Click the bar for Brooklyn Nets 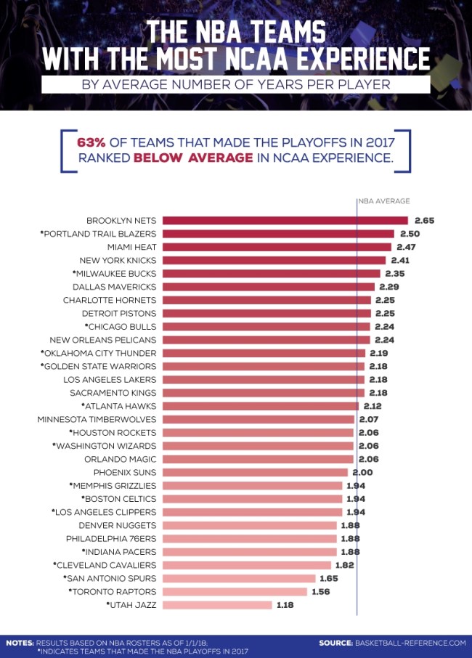(285, 221)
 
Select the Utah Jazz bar (217, 604)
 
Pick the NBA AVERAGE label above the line (383, 201)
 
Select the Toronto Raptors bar (237, 591)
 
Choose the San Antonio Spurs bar (239, 578)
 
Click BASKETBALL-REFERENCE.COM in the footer (410, 643)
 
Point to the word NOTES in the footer (20, 643)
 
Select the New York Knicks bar (274, 260)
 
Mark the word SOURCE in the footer (335, 643)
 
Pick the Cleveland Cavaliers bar (247, 565)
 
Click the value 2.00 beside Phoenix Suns (363, 472)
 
